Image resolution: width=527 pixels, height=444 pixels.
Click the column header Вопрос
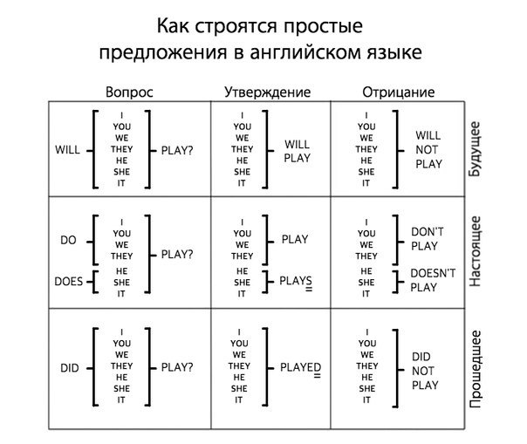(128, 92)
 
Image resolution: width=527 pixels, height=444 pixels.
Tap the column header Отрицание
(398, 92)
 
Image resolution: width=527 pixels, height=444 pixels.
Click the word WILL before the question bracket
(67, 149)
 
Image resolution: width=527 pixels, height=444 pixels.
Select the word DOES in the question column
(68, 281)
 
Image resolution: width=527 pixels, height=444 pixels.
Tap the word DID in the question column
(70, 368)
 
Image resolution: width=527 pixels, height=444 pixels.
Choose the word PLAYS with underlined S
(296, 281)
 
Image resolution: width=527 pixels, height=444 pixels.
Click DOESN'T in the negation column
(433, 273)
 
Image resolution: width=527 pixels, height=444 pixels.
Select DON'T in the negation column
(428, 231)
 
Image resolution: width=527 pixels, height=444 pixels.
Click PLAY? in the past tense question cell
(177, 368)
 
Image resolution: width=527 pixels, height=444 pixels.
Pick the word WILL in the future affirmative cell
(298, 144)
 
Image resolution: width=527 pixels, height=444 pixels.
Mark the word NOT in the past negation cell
(424, 371)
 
